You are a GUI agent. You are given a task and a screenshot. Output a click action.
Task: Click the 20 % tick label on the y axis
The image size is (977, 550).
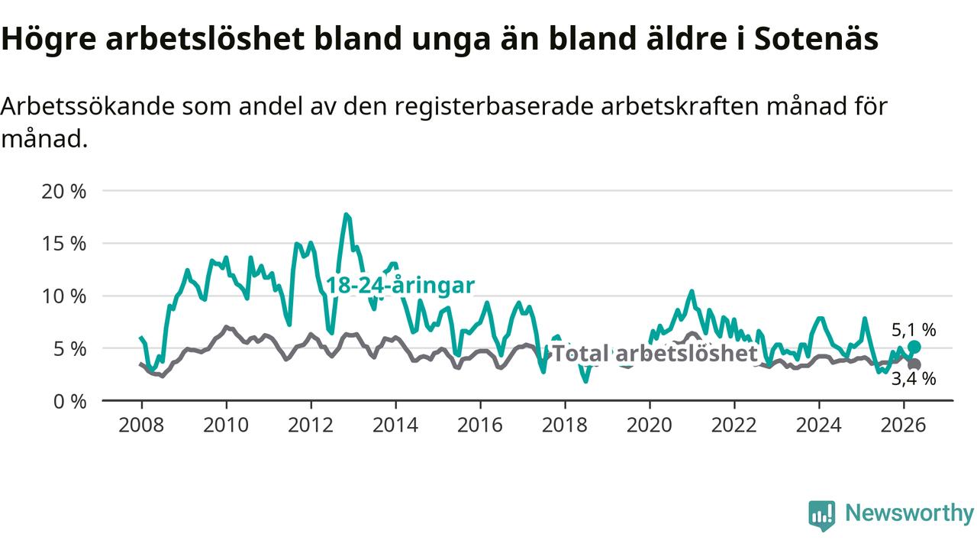[x=63, y=192]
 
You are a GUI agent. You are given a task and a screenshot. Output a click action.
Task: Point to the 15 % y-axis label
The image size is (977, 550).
[x=63, y=244]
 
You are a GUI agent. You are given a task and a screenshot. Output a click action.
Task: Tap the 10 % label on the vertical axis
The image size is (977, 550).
[x=63, y=297]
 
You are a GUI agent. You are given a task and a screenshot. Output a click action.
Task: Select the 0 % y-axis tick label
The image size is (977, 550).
[x=69, y=402]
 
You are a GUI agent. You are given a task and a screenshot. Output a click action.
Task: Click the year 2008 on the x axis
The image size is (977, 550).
[x=141, y=425]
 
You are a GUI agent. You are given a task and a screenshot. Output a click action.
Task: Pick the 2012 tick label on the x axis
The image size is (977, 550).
[x=311, y=425]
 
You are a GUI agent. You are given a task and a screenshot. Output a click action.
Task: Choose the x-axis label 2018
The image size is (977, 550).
[x=565, y=425]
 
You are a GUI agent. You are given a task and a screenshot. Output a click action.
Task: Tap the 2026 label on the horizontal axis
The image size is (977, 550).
[x=903, y=425]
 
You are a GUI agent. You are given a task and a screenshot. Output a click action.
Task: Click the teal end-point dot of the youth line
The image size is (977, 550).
[x=914, y=347]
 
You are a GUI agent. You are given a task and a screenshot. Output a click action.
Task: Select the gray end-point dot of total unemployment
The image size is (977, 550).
[x=914, y=364]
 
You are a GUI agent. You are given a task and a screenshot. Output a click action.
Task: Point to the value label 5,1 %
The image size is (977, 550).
[x=914, y=330]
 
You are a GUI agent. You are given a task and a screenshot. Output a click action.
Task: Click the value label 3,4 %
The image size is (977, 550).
[x=914, y=379]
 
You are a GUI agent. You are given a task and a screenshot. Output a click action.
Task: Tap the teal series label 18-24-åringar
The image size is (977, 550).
[x=401, y=286]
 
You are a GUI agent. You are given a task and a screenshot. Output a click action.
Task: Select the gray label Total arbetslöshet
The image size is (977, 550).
[x=655, y=353]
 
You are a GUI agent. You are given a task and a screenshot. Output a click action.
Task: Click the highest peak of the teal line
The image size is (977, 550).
[x=346, y=215]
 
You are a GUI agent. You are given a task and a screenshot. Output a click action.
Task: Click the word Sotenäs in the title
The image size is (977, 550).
[x=816, y=38]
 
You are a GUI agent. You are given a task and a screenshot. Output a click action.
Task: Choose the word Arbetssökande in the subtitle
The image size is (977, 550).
[x=88, y=106]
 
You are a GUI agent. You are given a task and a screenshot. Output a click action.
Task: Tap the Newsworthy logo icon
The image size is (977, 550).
[x=822, y=515]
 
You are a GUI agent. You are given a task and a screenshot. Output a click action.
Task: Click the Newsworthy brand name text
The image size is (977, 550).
[x=909, y=513]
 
